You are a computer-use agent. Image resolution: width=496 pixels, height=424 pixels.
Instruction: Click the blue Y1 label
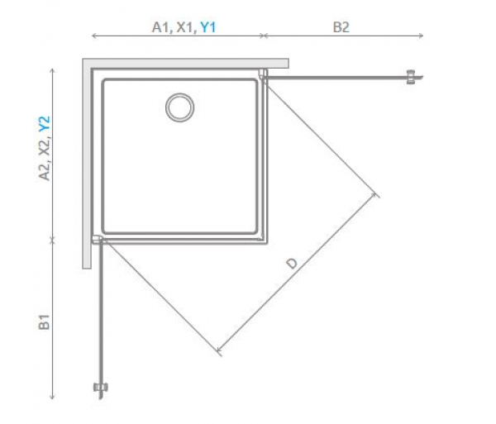coord(208,27)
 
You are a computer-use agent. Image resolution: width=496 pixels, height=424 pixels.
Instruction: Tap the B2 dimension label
coord(341,27)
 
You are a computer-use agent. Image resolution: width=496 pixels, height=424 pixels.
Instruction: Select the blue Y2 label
coord(45,124)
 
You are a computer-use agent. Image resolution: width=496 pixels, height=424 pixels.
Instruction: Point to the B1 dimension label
coord(44,322)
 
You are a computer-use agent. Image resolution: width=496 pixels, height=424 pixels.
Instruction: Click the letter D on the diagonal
coord(292,263)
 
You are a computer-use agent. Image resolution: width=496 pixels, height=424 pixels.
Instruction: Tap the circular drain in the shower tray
coord(179,107)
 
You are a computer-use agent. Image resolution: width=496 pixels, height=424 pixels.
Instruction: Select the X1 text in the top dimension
coord(184,27)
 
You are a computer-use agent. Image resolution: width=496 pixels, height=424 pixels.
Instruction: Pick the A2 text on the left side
coord(45,171)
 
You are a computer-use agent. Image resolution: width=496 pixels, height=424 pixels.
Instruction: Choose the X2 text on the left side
coord(45,147)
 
